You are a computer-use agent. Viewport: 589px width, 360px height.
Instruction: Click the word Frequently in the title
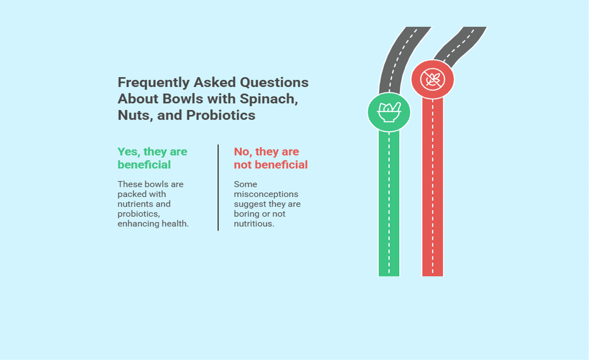(153, 83)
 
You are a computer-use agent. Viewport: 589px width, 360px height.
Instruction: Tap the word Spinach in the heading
(268, 99)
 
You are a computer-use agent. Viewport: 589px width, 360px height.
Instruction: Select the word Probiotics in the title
(220, 115)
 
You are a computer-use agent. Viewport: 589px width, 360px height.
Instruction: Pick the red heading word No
(243, 152)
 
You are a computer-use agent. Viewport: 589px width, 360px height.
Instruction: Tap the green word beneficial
(144, 165)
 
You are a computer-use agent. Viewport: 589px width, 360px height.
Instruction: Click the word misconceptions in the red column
(266, 194)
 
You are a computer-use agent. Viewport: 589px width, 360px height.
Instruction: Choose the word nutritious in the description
(254, 223)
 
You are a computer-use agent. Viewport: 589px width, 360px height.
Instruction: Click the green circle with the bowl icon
(389, 112)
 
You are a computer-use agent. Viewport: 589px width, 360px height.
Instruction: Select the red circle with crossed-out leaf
(433, 79)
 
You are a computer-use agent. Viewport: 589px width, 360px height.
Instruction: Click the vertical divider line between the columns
(218, 188)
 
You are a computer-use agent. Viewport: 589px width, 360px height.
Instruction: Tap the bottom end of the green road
(389, 276)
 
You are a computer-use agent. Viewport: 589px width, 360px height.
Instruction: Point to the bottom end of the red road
(433, 276)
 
